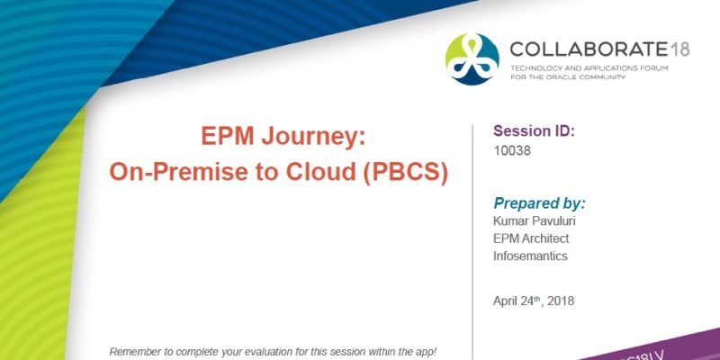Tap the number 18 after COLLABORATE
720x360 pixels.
(679, 49)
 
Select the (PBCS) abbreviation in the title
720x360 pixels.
(405, 171)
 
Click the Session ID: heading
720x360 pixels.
(535, 131)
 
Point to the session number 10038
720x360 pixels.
(513, 151)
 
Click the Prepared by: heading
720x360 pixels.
(540, 202)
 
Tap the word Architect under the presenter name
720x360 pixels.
(546, 238)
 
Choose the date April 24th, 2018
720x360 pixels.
(535, 301)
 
